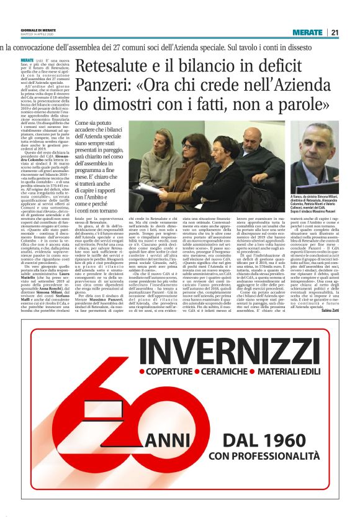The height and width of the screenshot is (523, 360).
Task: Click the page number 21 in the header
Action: (334, 32)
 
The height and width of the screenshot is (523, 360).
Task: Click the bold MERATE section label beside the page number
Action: (308, 32)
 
